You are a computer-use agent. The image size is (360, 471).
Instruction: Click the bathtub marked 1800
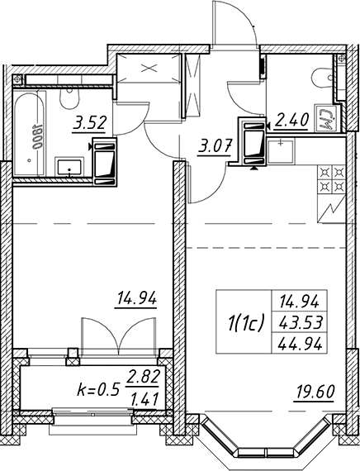click(x=29, y=133)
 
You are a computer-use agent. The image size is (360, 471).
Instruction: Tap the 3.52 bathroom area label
click(x=89, y=124)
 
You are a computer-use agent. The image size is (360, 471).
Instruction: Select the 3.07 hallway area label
click(x=215, y=148)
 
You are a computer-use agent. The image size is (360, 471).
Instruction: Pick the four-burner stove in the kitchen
click(x=331, y=179)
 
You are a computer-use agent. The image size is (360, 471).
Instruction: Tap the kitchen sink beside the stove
click(x=281, y=152)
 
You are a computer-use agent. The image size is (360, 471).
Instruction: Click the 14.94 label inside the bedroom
click(x=137, y=299)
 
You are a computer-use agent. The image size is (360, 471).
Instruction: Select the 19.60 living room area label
click(x=315, y=392)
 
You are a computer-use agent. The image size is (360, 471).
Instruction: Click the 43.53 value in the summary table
click(x=301, y=322)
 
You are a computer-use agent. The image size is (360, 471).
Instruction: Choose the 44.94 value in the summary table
click(x=301, y=344)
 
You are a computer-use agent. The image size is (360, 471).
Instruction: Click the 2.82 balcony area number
click(x=142, y=377)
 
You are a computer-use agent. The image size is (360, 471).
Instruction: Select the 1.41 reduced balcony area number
click(x=144, y=399)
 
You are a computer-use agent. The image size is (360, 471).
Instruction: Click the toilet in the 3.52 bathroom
click(x=69, y=98)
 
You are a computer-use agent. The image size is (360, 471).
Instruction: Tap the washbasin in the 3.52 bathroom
click(x=69, y=167)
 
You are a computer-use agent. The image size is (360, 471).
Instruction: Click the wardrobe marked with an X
click(x=149, y=69)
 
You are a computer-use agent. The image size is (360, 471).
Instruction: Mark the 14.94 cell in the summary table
click(x=299, y=302)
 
